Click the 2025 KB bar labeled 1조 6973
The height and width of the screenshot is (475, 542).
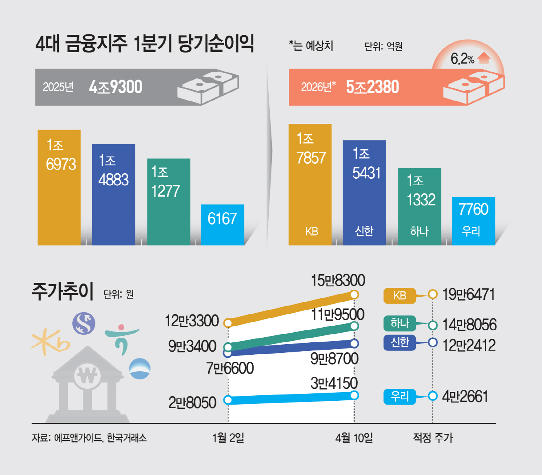pos(59,188)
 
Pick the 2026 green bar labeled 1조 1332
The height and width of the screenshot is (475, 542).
pos(420,207)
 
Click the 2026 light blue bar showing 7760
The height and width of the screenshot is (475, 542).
pos(473,221)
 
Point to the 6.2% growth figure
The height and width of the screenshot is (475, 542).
pos(462,59)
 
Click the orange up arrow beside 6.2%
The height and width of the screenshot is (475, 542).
pos(484,58)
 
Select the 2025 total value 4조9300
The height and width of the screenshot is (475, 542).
pos(116,87)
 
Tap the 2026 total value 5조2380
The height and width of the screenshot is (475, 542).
pos(372,87)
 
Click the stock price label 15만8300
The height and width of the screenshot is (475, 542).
pos(338,280)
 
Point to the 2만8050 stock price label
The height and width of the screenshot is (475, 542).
pos(192,403)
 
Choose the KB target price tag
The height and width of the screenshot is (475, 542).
pos(400,296)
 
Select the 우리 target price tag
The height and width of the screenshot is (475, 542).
pos(400,396)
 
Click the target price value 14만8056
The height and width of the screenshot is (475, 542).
pos(469,325)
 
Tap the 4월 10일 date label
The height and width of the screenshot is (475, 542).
pos(354,438)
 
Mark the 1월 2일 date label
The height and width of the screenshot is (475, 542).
pos(228,438)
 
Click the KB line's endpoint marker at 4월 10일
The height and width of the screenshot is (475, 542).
pos(354,295)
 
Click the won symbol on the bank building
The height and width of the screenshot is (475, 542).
pos(87,375)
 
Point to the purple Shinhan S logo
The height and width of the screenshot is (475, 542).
pos(84,323)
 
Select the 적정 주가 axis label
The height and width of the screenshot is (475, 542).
pos(433,438)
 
